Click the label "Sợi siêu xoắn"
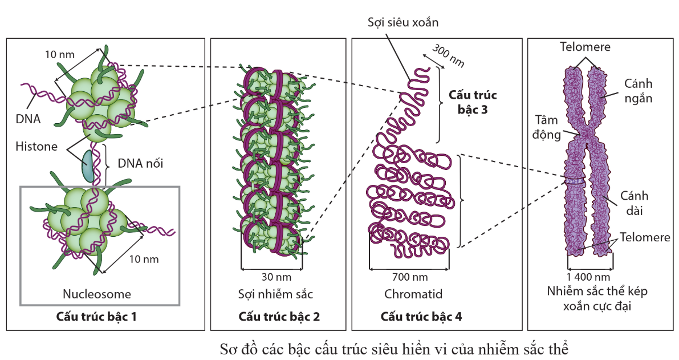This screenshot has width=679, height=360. pyautogui.click(x=404, y=21)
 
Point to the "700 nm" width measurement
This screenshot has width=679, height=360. pyautogui.click(x=410, y=278)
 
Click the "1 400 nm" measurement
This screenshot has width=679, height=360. pyautogui.click(x=591, y=278)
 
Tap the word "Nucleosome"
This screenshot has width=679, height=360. pyautogui.click(x=96, y=294)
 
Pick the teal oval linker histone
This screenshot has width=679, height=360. pyautogui.click(x=88, y=165)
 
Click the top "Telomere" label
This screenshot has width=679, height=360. pyautogui.click(x=585, y=47)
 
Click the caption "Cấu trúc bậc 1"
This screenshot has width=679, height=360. pyautogui.click(x=96, y=315)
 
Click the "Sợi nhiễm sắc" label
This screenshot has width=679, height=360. pyautogui.click(x=276, y=294)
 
